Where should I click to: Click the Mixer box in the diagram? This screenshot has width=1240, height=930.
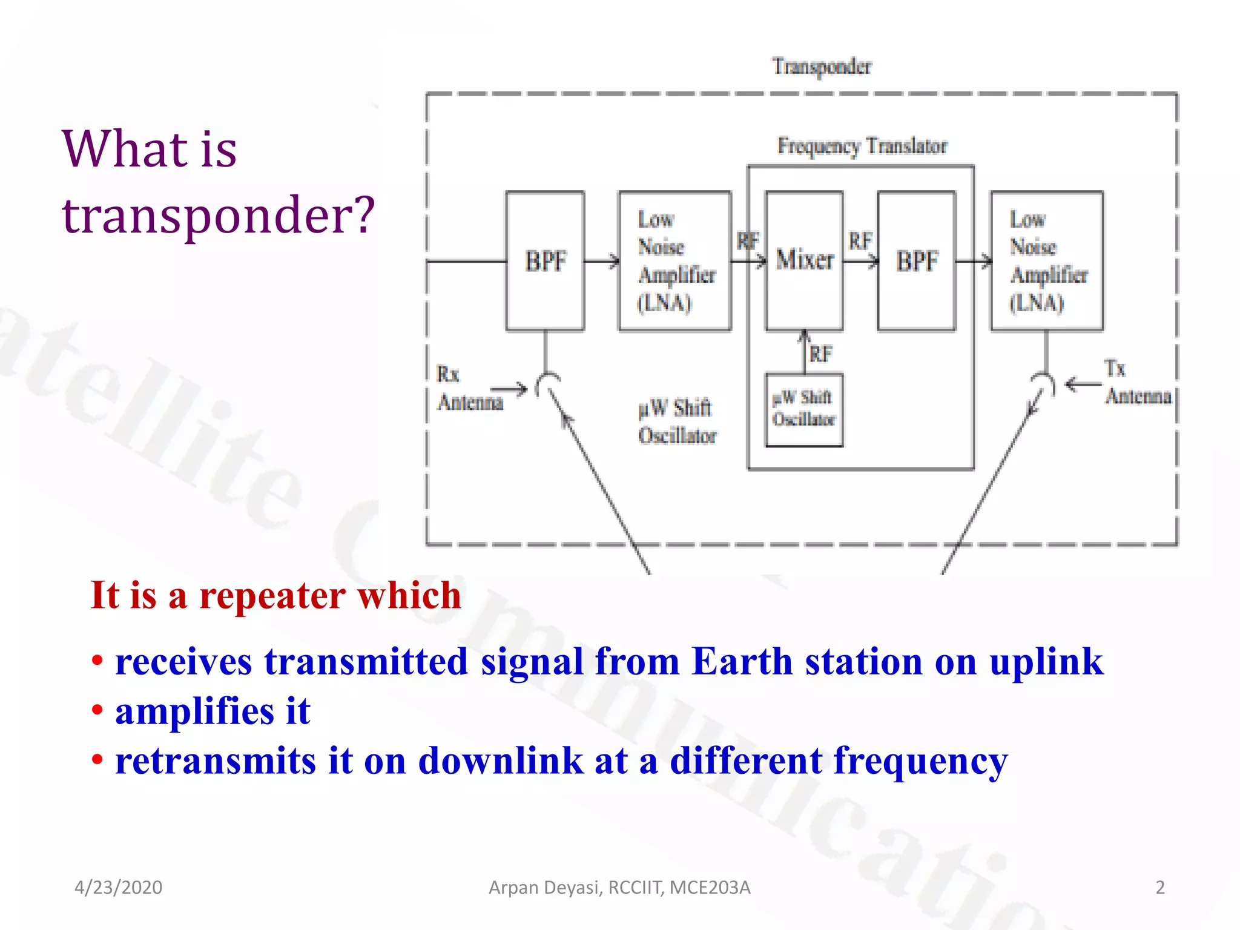(x=804, y=261)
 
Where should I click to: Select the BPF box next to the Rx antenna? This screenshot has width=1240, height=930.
(x=545, y=261)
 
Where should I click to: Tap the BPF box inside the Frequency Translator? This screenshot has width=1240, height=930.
(x=917, y=261)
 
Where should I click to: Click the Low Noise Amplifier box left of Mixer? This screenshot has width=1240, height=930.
(x=674, y=261)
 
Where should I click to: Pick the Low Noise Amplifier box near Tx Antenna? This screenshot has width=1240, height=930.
(x=1047, y=261)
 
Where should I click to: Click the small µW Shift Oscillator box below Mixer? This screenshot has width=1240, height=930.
(x=804, y=410)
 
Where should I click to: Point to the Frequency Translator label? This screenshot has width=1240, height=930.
(x=862, y=146)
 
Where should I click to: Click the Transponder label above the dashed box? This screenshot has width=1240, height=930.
(x=822, y=66)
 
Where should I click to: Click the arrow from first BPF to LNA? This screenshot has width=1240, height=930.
(x=602, y=261)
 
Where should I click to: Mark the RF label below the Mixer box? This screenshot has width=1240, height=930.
(x=821, y=354)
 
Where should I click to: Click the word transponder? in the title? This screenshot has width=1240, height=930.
(x=219, y=215)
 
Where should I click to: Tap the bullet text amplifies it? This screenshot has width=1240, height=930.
(x=213, y=711)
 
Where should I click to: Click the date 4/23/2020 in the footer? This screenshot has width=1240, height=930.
(x=118, y=888)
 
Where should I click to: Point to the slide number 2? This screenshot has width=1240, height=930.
(x=1159, y=888)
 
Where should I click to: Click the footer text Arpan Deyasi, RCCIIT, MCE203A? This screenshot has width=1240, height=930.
(x=619, y=888)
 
